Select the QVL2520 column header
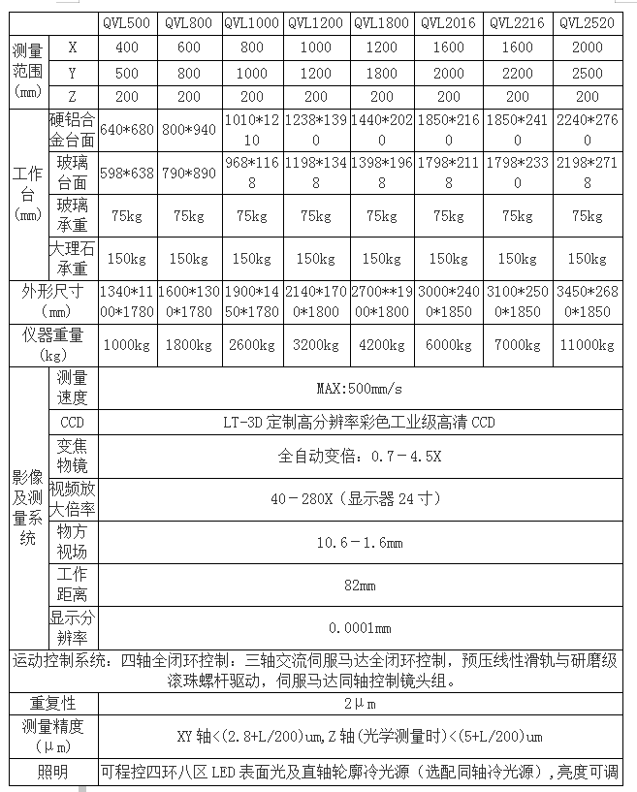tap(588, 22)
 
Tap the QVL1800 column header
tap(381, 22)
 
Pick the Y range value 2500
tap(588, 73)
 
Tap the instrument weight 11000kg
tap(588, 344)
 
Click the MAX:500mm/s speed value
tap(360, 390)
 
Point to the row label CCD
tap(72, 423)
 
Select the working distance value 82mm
tap(360, 586)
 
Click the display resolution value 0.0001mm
tap(360, 627)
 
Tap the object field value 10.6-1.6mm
tap(360, 543)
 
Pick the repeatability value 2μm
tap(360, 702)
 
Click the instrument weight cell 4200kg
tap(381, 344)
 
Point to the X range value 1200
tap(381, 47)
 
